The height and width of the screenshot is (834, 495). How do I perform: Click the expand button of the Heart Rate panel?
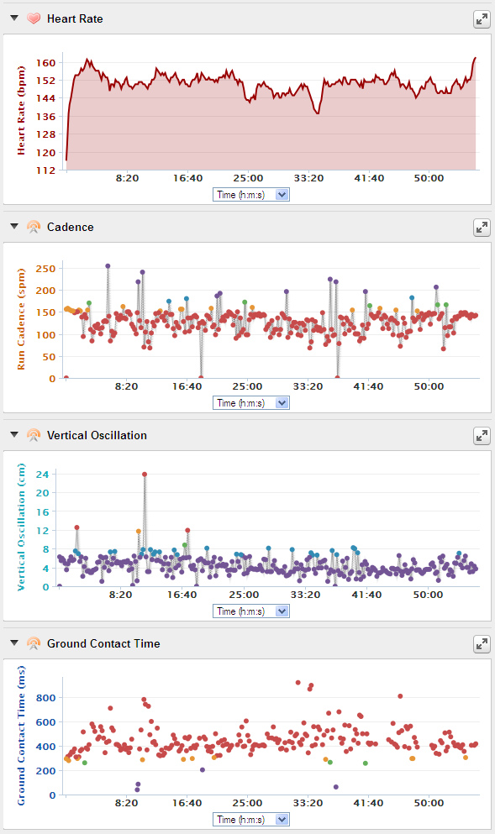tap(482, 19)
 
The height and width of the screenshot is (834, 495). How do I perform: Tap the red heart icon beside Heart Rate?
tap(34, 18)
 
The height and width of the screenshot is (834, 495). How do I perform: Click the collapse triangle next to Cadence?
tap(14, 227)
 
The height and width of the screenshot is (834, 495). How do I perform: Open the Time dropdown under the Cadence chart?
tap(251, 402)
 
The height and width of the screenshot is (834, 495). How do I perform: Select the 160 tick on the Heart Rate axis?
tap(45, 63)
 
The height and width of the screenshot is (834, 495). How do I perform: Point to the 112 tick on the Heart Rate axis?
tap(45, 170)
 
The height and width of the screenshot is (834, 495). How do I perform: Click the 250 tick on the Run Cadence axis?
tap(45, 269)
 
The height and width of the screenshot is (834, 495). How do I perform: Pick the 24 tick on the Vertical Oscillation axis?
tap(42, 474)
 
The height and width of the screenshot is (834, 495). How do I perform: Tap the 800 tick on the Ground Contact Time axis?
tap(45, 698)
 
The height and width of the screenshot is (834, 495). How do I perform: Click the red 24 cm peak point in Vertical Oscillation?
tap(145, 475)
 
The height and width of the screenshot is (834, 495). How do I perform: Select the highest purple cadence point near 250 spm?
tap(108, 266)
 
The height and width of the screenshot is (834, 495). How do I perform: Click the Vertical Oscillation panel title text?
tap(97, 435)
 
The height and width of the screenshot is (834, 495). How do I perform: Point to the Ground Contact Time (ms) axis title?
tap(21, 736)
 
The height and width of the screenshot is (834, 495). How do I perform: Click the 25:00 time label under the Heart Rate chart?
tap(248, 178)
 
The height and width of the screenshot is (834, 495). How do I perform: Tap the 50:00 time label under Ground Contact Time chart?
tap(429, 803)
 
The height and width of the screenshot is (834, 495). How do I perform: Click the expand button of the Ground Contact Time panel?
tap(482, 644)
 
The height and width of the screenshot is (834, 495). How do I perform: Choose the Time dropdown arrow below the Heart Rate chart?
tap(282, 195)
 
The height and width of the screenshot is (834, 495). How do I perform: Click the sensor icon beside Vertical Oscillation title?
tap(34, 435)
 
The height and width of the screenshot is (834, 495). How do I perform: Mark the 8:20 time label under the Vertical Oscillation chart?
tap(121, 595)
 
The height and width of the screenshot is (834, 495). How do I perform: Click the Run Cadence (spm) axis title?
tap(21, 319)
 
